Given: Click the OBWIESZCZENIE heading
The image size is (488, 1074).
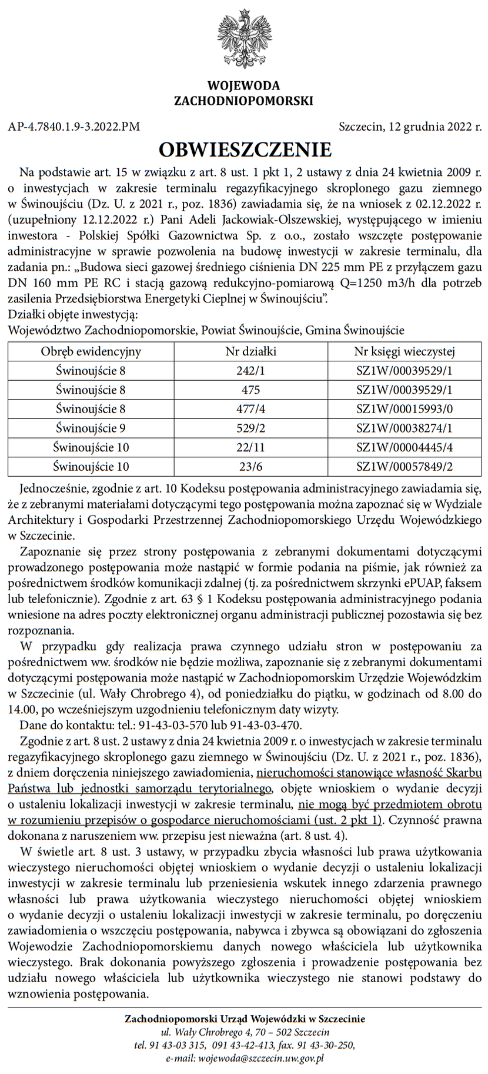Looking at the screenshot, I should [x=245, y=149].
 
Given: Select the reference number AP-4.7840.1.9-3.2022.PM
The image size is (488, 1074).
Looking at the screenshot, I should [x=74, y=126].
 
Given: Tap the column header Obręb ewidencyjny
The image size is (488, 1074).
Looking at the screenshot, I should [x=91, y=352].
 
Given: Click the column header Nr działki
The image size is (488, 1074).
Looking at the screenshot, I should [x=250, y=352].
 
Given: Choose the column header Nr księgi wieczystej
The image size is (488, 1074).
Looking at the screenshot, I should [x=405, y=352].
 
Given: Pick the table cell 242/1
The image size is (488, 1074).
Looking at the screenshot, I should [x=250, y=371].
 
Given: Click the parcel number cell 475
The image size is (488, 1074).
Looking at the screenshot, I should [x=250, y=390].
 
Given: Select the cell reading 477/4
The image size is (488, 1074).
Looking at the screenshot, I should [x=250, y=409].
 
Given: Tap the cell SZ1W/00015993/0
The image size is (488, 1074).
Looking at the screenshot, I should [x=405, y=409].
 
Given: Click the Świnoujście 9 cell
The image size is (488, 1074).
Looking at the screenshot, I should [x=91, y=428].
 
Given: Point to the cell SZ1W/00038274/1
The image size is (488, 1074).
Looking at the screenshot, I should [x=405, y=428].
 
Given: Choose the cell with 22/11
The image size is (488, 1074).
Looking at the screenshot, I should [x=250, y=447].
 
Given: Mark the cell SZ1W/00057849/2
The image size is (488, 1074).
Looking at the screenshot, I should [x=405, y=467].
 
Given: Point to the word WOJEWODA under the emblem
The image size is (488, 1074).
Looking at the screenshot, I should [x=243, y=87].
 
